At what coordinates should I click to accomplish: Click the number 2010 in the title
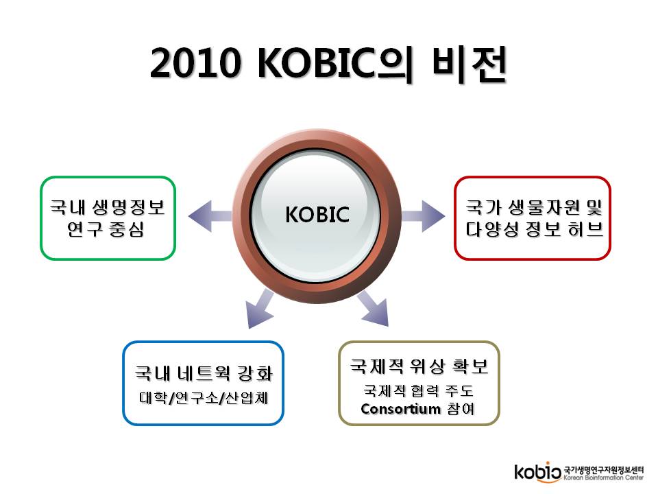pyautogui.click(x=195, y=63)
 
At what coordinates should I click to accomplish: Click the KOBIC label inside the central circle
pyautogui.click(x=317, y=215)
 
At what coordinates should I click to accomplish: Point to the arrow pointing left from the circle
pyautogui.click(x=210, y=216)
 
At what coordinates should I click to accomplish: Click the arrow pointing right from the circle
pyautogui.click(x=423, y=216)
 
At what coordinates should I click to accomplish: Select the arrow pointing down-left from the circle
pyautogui.click(x=260, y=309)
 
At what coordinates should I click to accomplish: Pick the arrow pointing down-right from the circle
pyautogui.click(x=373, y=308)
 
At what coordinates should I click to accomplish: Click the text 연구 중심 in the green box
pyautogui.click(x=106, y=229)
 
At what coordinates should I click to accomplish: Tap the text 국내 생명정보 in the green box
pyautogui.click(x=108, y=207)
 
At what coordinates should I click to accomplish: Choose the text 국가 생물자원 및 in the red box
pyautogui.click(x=534, y=207)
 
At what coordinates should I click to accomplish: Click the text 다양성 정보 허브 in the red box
pyautogui.click(x=534, y=229)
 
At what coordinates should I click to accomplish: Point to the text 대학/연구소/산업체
pyautogui.click(x=204, y=397)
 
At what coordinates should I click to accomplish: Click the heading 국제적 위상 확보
pyautogui.click(x=419, y=366)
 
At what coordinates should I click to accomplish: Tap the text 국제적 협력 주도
pyautogui.click(x=418, y=390)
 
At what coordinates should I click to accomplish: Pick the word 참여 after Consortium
pyautogui.click(x=461, y=409)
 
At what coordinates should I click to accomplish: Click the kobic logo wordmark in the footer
pyautogui.click(x=538, y=472)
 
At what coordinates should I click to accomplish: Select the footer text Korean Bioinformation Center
pyautogui.click(x=603, y=478)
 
